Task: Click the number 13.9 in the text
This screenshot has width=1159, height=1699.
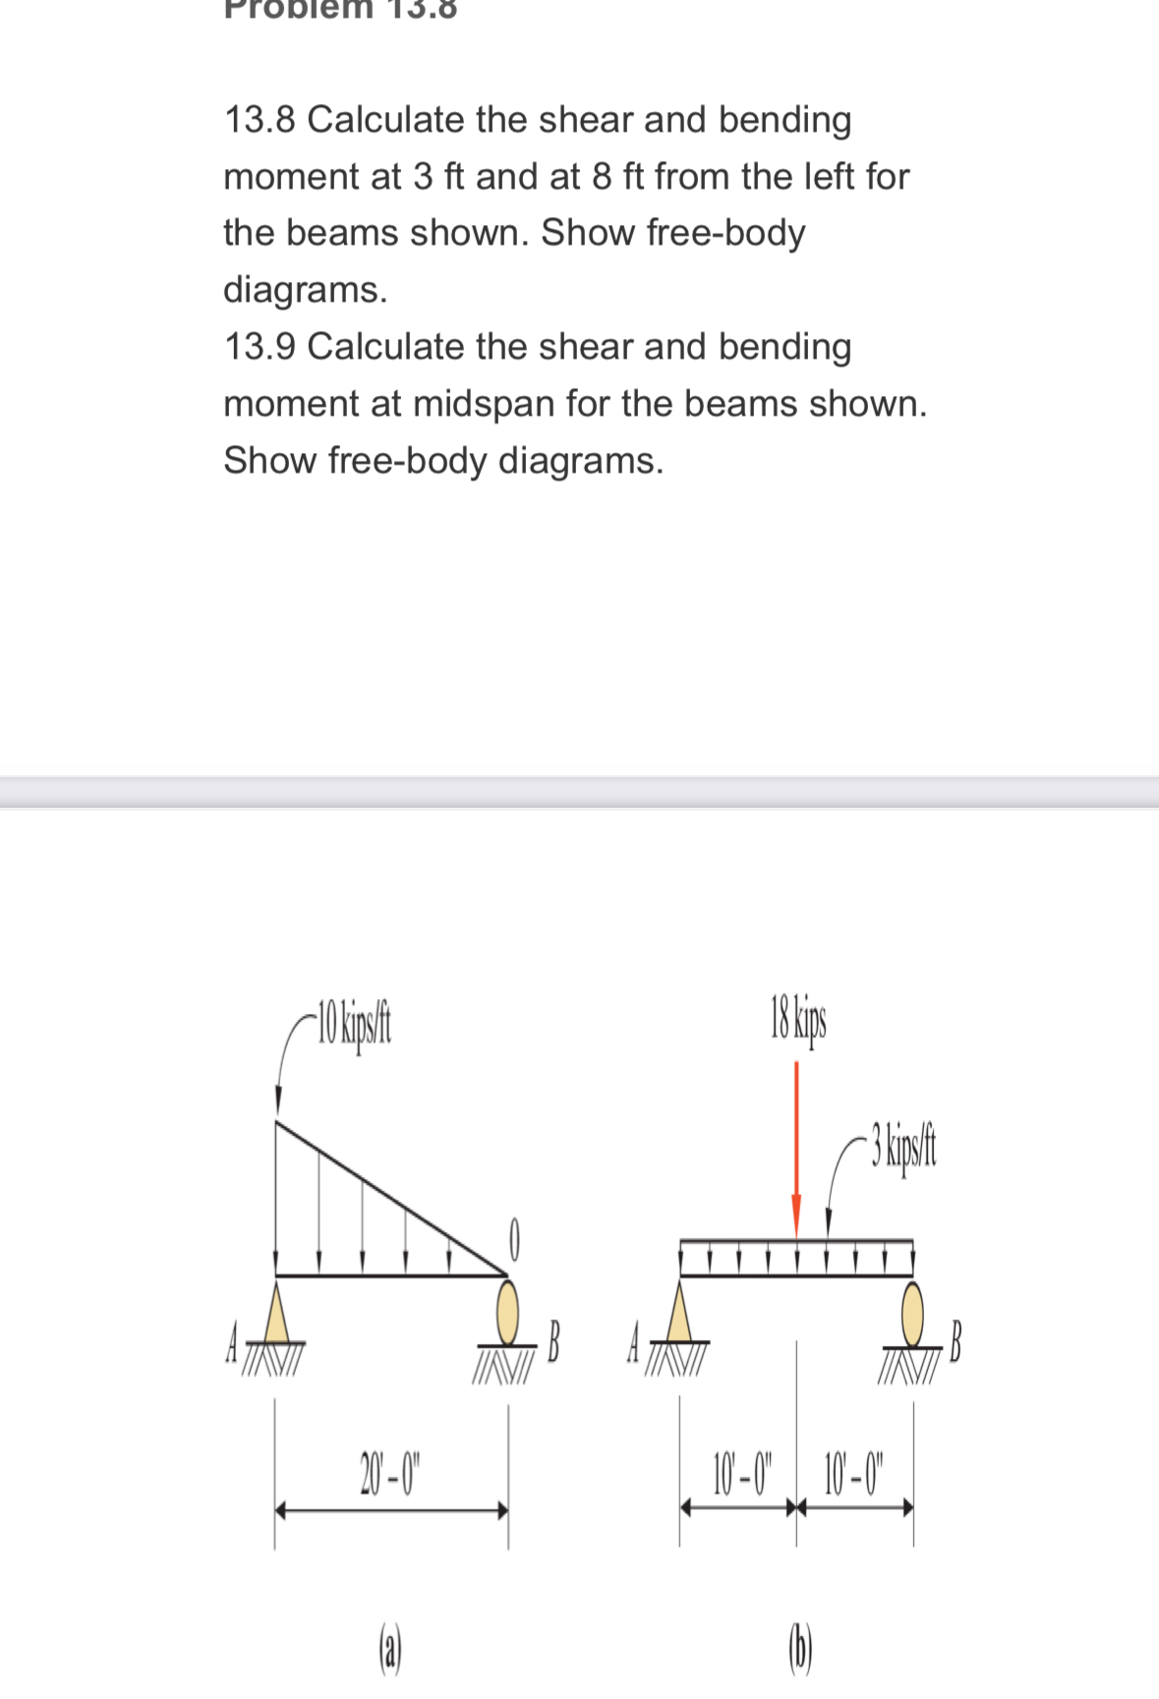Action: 261,347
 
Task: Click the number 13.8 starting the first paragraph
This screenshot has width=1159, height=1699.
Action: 261,120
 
